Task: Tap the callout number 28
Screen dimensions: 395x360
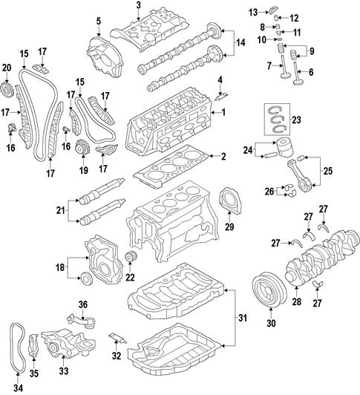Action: tap(298, 302)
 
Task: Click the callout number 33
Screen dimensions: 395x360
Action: tap(62, 370)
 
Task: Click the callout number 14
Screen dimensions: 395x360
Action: tap(240, 44)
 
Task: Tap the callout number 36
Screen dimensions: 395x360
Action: tap(82, 304)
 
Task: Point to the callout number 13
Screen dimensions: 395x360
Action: tap(252, 11)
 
